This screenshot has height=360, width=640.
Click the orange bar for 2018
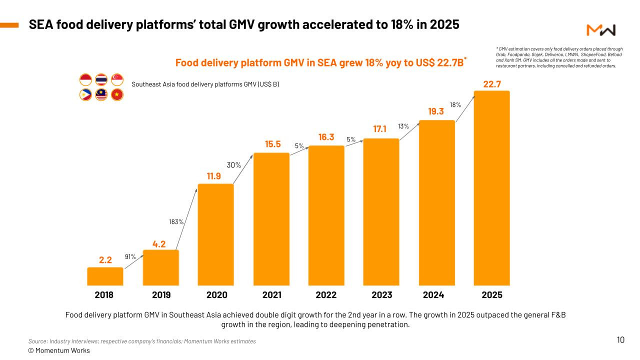coord(105,276)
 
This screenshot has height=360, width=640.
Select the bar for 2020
coord(216,234)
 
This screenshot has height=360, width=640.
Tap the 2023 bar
coord(381,212)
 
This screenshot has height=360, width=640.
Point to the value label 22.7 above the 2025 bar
coord(492,84)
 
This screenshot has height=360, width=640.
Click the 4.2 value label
coord(159,244)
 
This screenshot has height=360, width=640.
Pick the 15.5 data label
coord(273,144)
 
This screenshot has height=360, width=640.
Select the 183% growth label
coord(176,221)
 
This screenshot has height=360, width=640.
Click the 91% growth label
coord(130,256)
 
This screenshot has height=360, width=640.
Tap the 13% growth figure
coord(403,126)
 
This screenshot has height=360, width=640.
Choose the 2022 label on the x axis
coord(326,295)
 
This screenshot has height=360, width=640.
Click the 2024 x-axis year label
coord(433,295)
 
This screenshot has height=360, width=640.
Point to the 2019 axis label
coord(161,295)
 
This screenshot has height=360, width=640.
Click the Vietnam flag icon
coord(117,94)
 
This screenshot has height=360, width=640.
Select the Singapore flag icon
coord(117,79)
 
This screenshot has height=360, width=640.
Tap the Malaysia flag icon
coord(101,94)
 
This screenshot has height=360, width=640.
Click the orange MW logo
coord(601,30)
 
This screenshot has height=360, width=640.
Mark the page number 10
coord(620,340)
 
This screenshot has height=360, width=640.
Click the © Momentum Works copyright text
coord(59,350)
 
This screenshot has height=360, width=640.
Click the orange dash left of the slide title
coord(9,24)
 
